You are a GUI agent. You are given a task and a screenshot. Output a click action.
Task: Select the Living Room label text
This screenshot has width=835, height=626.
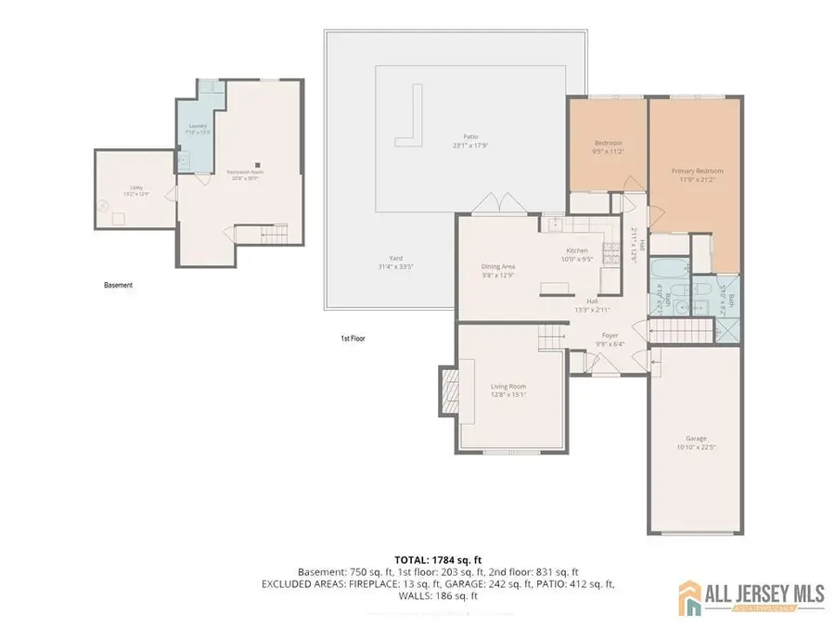[507, 390]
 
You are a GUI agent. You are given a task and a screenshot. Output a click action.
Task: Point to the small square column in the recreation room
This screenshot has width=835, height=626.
[259, 159]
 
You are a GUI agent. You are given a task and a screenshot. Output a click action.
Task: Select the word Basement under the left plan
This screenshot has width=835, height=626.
[118, 285]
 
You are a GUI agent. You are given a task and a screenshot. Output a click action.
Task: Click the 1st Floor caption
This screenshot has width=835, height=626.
[353, 339]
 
